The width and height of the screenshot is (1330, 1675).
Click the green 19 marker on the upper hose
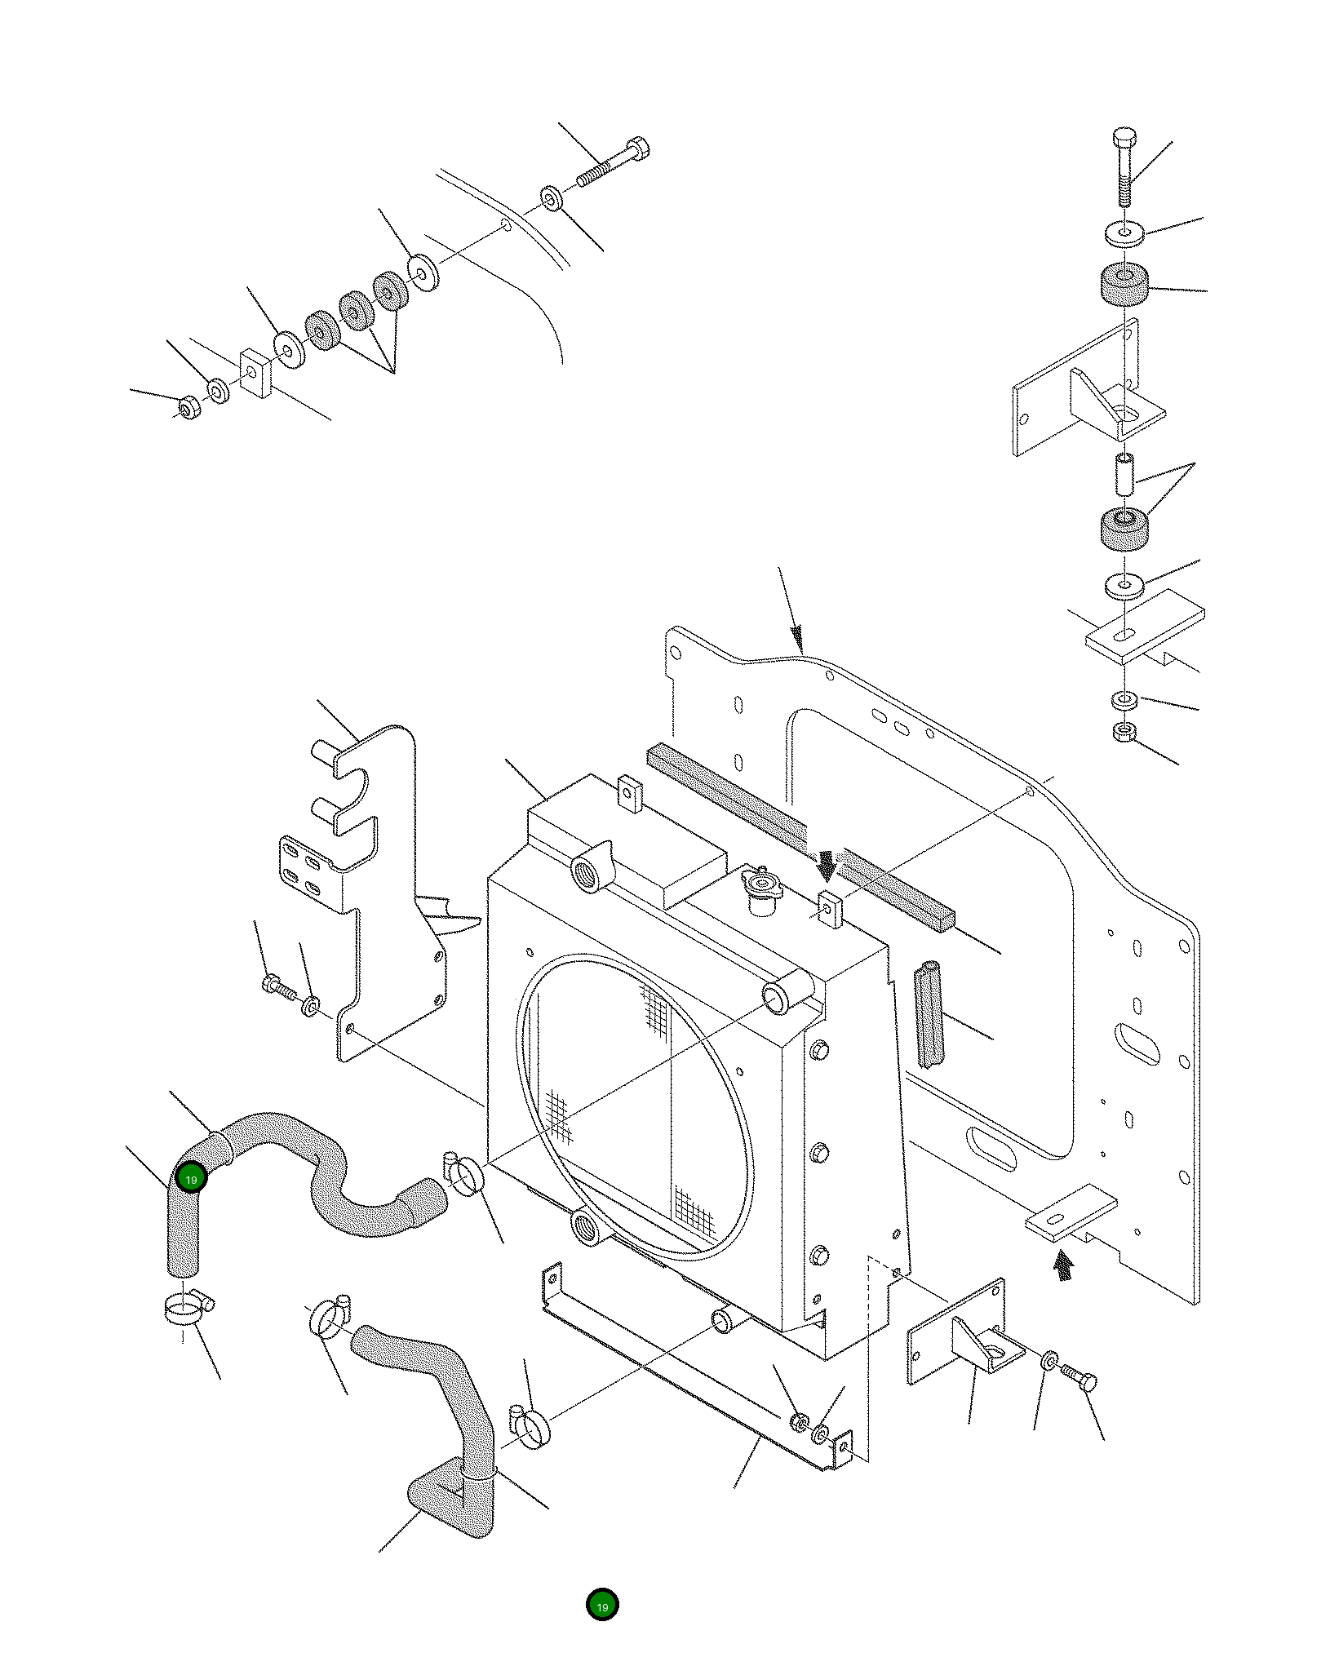191,1178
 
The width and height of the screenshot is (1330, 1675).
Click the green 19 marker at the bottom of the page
602,1605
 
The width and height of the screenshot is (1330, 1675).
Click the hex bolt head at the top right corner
1124,135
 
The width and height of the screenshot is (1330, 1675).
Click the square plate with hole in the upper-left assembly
255,374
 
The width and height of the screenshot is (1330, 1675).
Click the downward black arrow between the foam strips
827,865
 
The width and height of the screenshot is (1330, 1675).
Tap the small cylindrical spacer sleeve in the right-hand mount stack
1124,475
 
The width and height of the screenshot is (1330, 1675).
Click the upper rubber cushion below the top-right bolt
1124,283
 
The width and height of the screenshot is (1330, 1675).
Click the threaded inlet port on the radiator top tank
590,873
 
